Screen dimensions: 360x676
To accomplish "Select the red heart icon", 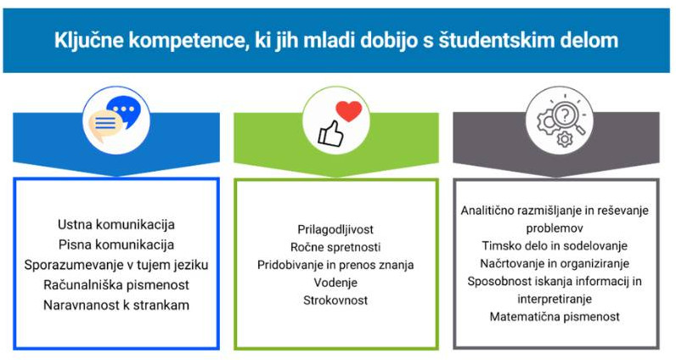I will point(348,111).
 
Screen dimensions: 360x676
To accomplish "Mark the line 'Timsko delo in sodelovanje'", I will point(556,245).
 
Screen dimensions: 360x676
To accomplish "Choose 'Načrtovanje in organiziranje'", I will point(556,263).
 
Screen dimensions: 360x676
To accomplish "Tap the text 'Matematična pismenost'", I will point(556,317).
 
